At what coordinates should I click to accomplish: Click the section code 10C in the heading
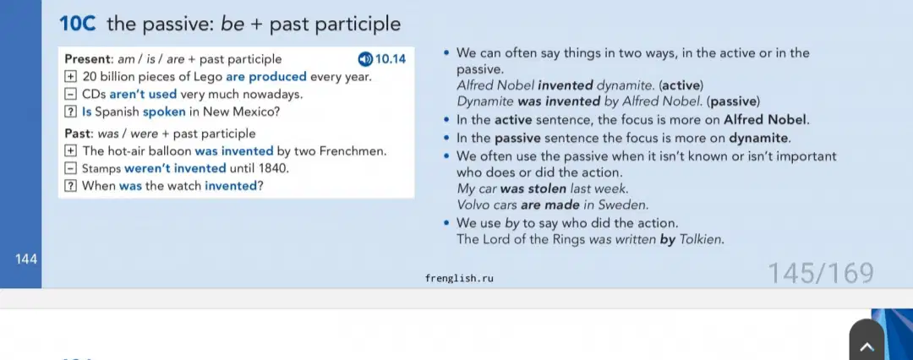point(78,24)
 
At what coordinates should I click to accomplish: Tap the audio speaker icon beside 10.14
point(365,59)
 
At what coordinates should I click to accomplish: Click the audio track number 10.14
point(390,59)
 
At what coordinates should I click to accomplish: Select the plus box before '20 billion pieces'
point(70,76)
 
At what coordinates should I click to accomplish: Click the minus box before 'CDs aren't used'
point(70,94)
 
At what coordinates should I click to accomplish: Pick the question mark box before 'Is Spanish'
point(70,112)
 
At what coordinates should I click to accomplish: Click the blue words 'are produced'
point(266,77)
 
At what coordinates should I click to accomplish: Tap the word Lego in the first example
point(211,77)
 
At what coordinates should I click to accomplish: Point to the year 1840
point(276,168)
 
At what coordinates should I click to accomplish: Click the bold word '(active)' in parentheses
point(681,85)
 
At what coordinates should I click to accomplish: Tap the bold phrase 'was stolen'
point(533,188)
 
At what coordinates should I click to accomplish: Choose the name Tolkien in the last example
point(702,239)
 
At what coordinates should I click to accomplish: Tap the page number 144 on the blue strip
point(27,259)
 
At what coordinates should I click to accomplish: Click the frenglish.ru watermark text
point(459,278)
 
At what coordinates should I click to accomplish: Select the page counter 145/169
point(820,273)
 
